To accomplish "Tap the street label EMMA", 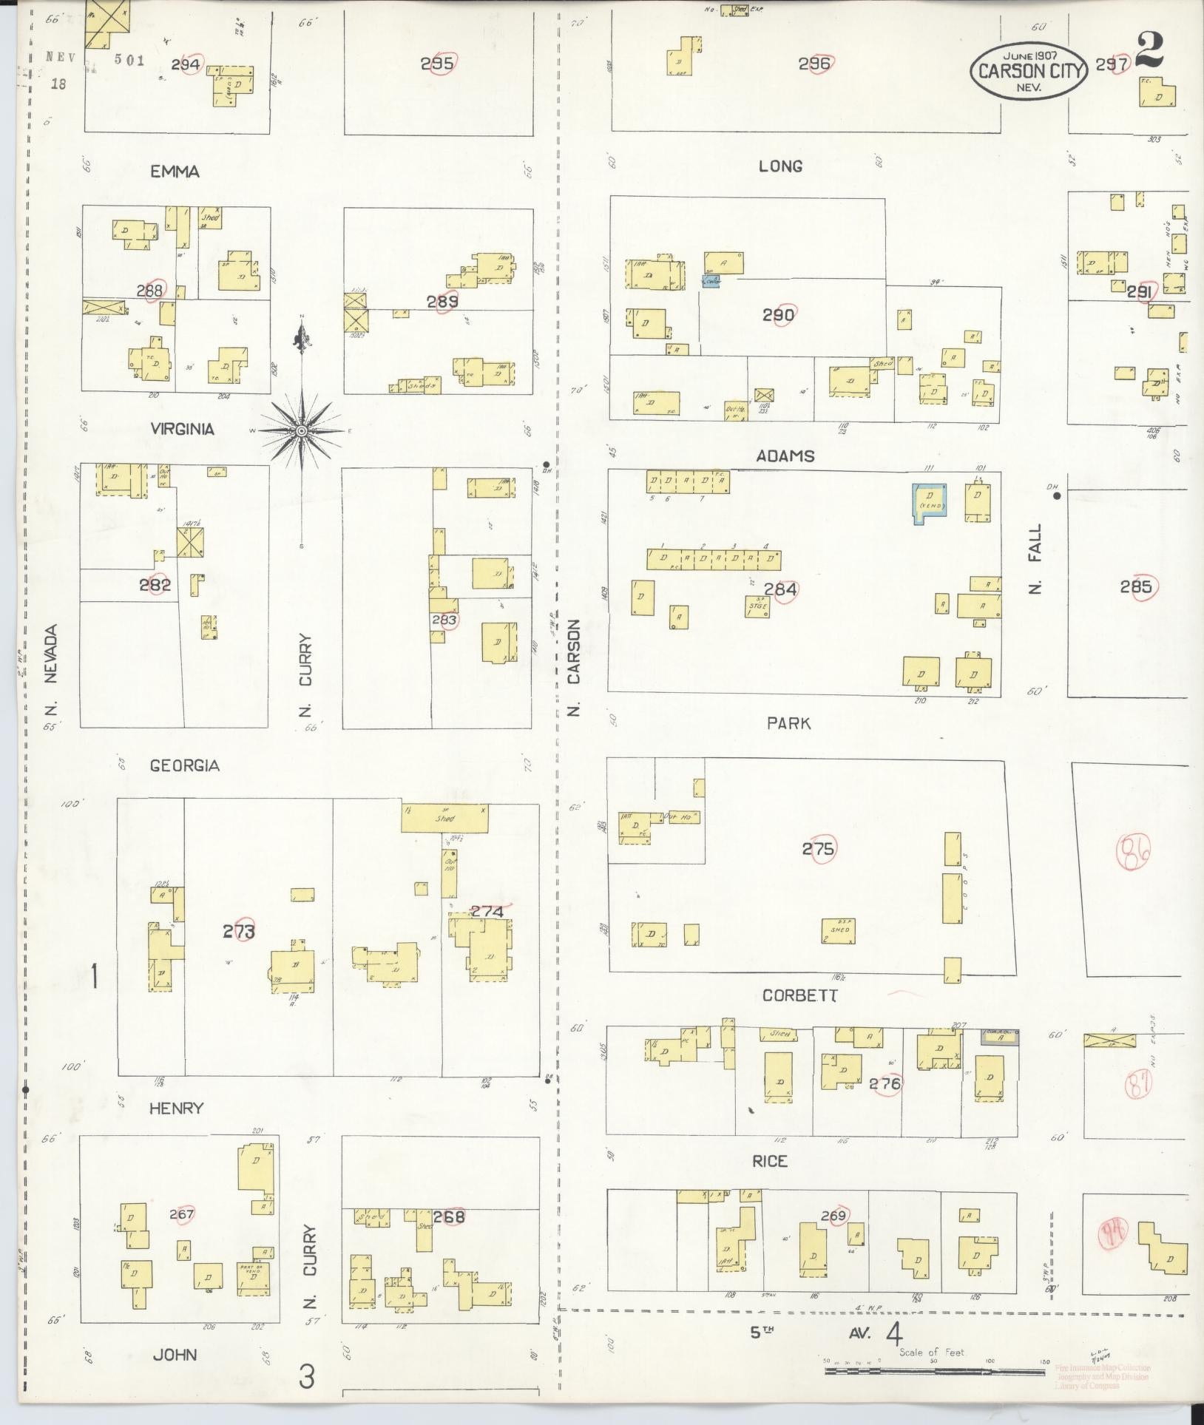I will tap(175, 172).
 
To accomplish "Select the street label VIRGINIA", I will tap(182, 429).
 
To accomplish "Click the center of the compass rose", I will tap(302, 430).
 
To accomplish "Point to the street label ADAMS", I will tap(785, 456).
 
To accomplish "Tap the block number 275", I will tap(818, 849).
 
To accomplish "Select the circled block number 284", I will tap(780, 589).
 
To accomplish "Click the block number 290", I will tap(778, 316).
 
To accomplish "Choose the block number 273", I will tap(238, 932).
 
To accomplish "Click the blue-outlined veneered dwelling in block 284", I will tap(930, 504).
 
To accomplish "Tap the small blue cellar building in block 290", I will tap(710, 282).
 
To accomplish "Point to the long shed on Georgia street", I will tap(444, 819).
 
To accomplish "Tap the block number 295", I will tap(436, 64).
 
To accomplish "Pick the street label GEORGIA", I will tap(184, 765).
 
